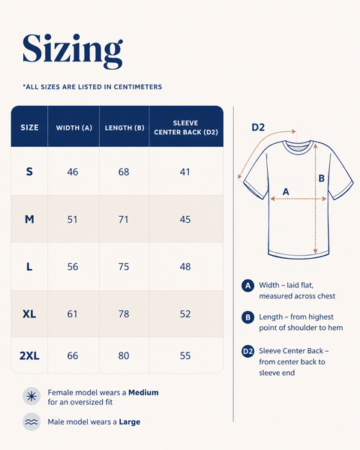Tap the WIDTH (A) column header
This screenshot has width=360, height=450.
[x=74, y=127]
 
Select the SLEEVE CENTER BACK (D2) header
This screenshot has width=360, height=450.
[x=186, y=127]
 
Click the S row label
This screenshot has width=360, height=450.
[x=29, y=172]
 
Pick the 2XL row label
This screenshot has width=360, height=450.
[x=29, y=355]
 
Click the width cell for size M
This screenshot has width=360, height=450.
[x=72, y=220]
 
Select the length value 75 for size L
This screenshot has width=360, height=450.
[x=124, y=266]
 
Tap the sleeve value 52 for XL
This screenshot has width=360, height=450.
[x=185, y=314]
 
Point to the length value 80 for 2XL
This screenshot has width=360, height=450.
[x=124, y=355]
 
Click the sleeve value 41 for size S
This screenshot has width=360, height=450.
[x=185, y=172]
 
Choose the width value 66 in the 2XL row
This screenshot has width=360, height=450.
[x=73, y=355]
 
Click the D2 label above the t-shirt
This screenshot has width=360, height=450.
[x=258, y=127]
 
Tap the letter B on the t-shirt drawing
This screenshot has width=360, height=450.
[x=322, y=178]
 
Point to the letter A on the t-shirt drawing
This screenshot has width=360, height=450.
[x=286, y=191]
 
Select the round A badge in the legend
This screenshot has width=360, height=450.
[x=247, y=286]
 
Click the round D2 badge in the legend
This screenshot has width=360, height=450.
[x=247, y=351]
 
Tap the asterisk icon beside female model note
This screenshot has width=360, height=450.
[x=31, y=397]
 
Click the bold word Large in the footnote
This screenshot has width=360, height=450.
[x=130, y=421]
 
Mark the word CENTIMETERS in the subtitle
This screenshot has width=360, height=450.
[x=138, y=87]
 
